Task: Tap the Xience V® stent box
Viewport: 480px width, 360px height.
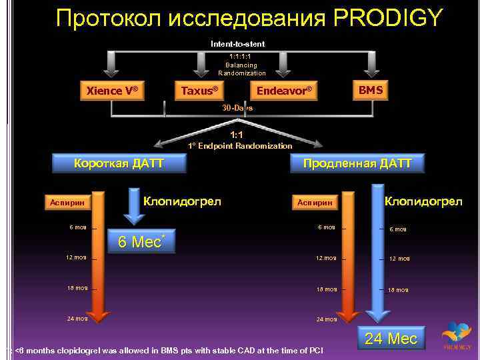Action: click(x=113, y=89)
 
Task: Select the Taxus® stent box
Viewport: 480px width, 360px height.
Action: click(x=199, y=89)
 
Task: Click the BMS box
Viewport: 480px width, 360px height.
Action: click(x=371, y=89)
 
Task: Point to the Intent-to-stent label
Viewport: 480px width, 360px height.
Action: click(x=237, y=44)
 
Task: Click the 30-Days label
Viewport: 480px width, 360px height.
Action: click(x=237, y=107)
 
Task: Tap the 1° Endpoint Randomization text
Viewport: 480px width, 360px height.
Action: click(x=240, y=145)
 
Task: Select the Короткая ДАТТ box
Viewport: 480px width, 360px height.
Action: click(x=119, y=163)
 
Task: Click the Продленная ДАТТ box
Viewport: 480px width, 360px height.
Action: click(x=357, y=163)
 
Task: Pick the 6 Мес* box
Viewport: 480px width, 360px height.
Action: click(x=141, y=242)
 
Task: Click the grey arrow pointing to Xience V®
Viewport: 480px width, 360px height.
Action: click(x=113, y=65)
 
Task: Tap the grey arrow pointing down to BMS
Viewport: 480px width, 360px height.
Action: click(x=371, y=65)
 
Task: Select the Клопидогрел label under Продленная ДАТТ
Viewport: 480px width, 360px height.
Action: click(x=423, y=200)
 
